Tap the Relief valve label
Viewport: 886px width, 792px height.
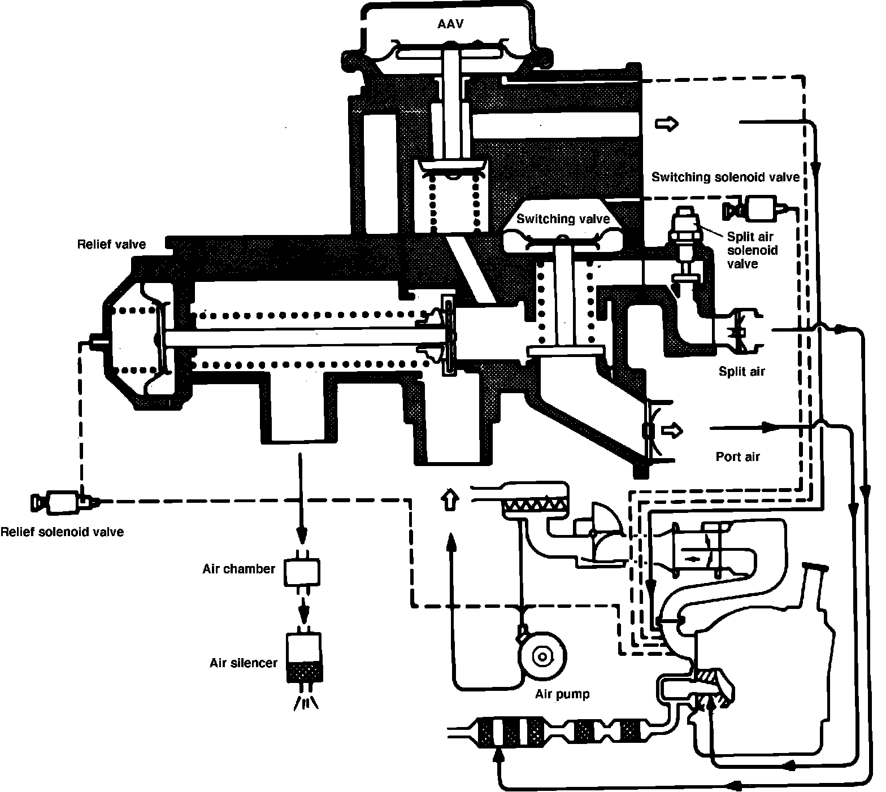click(111, 244)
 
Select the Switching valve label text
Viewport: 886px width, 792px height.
click(563, 219)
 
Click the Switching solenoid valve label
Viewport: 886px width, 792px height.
click(725, 177)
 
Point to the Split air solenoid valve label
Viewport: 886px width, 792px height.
click(751, 250)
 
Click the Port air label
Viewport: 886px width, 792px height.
click(737, 456)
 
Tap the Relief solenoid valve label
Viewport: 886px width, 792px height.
click(62, 532)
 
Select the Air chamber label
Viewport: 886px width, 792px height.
click(238, 569)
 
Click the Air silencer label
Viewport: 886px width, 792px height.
click(244, 663)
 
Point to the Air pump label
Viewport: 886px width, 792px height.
click(562, 694)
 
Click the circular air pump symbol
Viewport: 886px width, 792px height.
click(542, 656)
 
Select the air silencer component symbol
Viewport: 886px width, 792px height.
click(304, 659)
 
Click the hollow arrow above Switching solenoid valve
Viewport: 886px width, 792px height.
click(668, 123)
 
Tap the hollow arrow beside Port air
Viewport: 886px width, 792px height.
click(672, 431)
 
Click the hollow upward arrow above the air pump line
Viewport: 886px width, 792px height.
click(450, 499)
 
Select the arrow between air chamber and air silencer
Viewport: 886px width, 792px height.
click(304, 608)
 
